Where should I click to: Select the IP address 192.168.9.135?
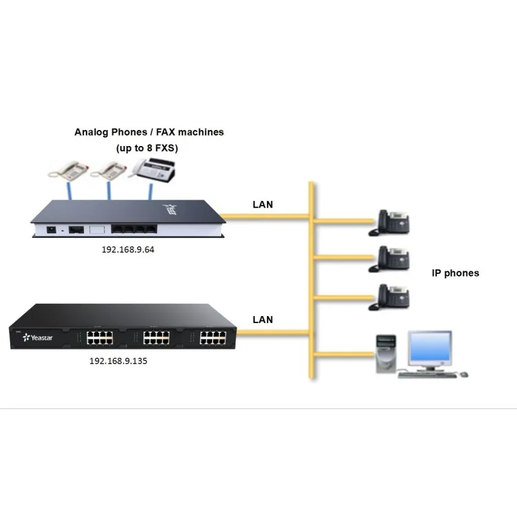click(x=118, y=361)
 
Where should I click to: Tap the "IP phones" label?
click(x=456, y=273)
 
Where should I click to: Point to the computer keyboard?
click(x=427, y=374)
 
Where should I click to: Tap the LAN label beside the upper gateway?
click(x=262, y=205)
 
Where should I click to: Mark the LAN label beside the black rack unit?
click(x=262, y=319)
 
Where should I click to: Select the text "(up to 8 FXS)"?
click(x=147, y=148)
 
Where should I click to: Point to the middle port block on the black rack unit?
click(x=153, y=337)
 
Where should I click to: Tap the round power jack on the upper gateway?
click(x=50, y=228)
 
